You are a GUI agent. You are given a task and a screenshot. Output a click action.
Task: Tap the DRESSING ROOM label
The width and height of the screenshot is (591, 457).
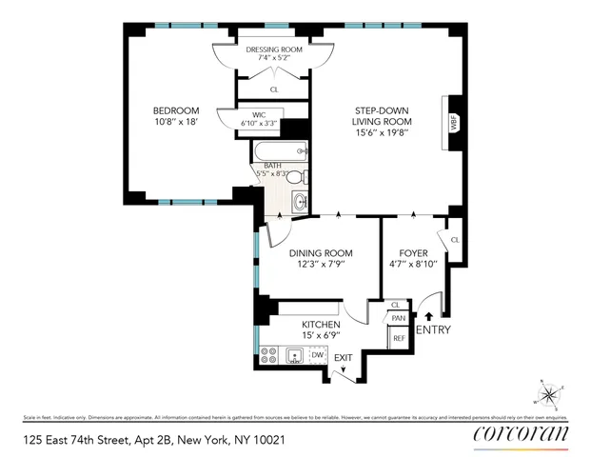click(274, 49)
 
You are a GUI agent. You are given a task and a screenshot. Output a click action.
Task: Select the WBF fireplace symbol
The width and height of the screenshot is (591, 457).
click(451, 124)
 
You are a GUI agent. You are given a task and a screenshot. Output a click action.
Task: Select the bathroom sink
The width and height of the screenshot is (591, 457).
click(300, 201)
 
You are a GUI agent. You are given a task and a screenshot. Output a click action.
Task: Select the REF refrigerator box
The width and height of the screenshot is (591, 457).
click(399, 338)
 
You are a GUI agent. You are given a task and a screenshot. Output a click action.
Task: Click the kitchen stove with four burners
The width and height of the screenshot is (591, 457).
click(269, 355)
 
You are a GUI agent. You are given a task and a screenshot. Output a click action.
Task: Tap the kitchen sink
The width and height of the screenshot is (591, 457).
click(295, 355)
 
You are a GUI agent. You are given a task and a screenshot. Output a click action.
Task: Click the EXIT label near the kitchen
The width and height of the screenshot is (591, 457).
click(343, 358)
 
